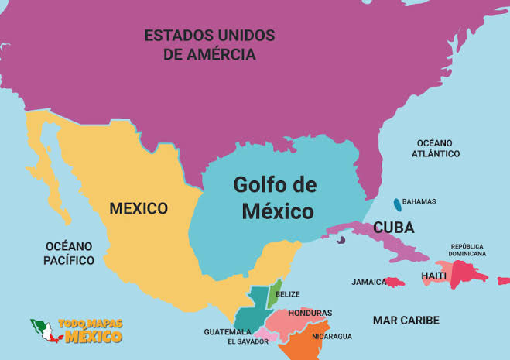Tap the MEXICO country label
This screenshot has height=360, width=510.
tap(139, 208)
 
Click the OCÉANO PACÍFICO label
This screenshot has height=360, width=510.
tap(69, 253)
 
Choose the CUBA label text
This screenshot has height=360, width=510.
tap(393, 228)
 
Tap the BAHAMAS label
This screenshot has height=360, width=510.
tap(419, 201)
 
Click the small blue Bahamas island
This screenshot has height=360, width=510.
tap(397, 204)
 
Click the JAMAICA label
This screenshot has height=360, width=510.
tap(369, 282)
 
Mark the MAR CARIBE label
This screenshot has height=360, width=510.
tap(406, 320)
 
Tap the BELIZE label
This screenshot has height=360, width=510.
tap(287, 294)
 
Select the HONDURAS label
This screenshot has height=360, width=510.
tap(310, 313)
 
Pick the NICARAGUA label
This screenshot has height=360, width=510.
tap(332, 336)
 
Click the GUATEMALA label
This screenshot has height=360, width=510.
tap(228, 331)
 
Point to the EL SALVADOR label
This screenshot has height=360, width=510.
tap(248, 341)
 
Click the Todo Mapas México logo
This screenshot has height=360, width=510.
tap(77, 331)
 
